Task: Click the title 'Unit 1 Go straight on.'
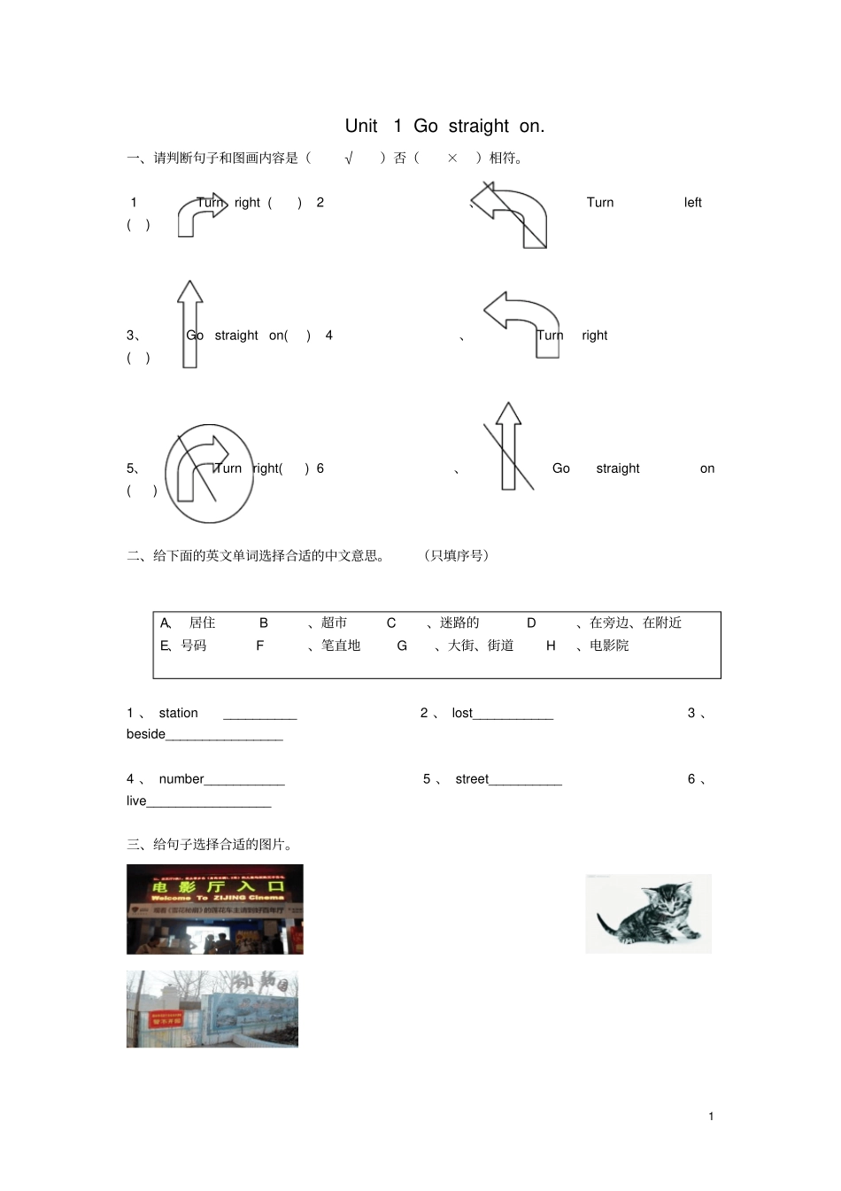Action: pos(444,126)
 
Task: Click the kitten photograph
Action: pos(648,913)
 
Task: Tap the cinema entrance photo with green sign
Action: pos(214,909)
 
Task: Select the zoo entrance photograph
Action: pos(212,1009)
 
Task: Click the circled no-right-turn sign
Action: pos(209,473)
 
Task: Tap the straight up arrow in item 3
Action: pos(189,323)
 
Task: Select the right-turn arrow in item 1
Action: pos(200,215)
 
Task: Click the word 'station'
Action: pos(178,713)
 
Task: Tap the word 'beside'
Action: pos(146,734)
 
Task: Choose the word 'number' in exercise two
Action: pos(181,779)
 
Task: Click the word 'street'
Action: pos(472,779)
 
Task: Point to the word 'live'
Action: pos(136,800)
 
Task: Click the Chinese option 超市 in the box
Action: pos(334,623)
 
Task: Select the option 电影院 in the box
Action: pos(609,646)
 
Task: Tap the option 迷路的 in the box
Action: pos(459,623)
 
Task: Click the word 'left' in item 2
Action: pos(692,203)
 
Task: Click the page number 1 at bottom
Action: pos(711,1116)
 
